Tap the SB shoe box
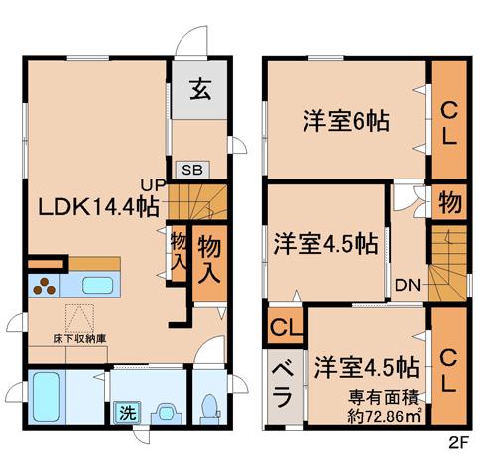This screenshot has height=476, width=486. pyautogui.click(x=192, y=170)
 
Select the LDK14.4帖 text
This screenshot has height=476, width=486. pyautogui.click(x=98, y=206)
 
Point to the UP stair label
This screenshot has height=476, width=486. pyautogui.click(x=153, y=185)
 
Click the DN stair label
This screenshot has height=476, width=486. pyautogui.click(x=408, y=285)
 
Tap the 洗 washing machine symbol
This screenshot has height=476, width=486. pyautogui.click(x=128, y=413)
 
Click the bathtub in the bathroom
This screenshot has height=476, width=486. pyautogui.click(x=46, y=397)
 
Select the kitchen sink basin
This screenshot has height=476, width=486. pyautogui.click(x=97, y=285)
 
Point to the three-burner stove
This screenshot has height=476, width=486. pyautogui.click(x=44, y=286)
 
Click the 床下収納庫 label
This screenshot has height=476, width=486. pyautogui.click(x=79, y=339)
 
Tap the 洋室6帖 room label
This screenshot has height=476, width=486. pyautogui.click(x=346, y=121)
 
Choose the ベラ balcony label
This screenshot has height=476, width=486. pyautogui.click(x=283, y=385)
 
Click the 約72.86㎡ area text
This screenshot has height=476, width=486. pyautogui.click(x=384, y=416)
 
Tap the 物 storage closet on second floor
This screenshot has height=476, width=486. pyautogui.click(x=450, y=201)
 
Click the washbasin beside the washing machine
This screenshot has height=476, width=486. pyautogui.click(x=166, y=414)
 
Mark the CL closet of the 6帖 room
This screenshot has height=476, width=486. pyautogui.click(x=449, y=120)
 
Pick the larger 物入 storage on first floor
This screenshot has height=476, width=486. pyautogui.click(x=209, y=264)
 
